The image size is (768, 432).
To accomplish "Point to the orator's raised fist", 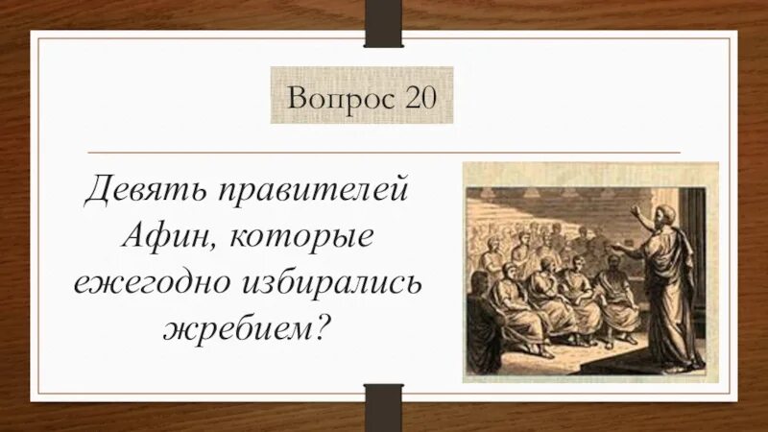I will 635,208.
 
